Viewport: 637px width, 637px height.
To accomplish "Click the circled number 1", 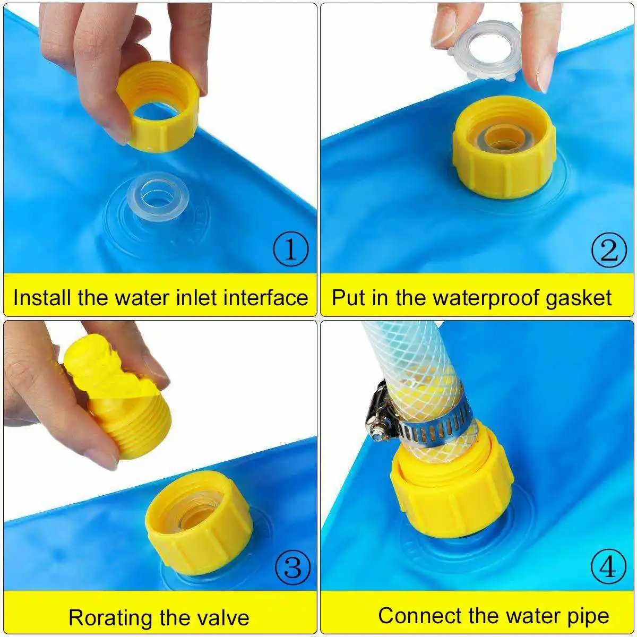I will tap(290, 249).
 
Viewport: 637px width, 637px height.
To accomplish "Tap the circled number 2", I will tap(609, 249).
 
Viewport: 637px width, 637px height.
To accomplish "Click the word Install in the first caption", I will tap(43, 297).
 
